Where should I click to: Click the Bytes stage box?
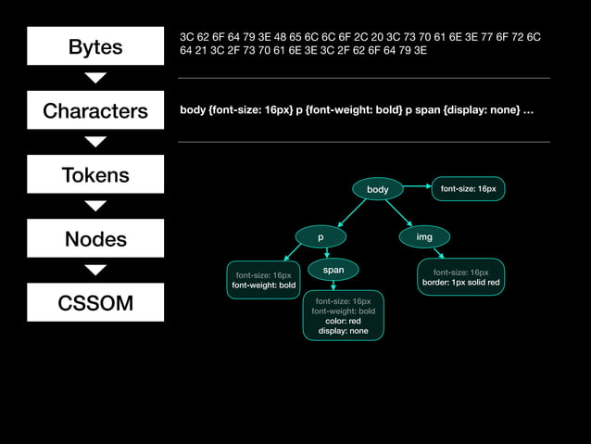95,46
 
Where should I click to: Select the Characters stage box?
95,111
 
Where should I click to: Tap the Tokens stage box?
95,174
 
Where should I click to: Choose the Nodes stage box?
95,239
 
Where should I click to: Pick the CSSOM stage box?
95,303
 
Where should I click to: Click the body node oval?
377,189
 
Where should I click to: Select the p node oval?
321,237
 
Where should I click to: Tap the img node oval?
424,237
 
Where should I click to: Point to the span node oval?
333,270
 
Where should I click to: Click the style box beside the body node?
468,189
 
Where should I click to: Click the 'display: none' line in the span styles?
344,331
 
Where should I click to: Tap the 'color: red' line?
343,321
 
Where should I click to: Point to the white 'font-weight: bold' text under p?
264,285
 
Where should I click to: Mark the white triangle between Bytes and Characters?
95,78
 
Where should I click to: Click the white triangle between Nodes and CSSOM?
95,270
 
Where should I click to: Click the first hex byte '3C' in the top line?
186,36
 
